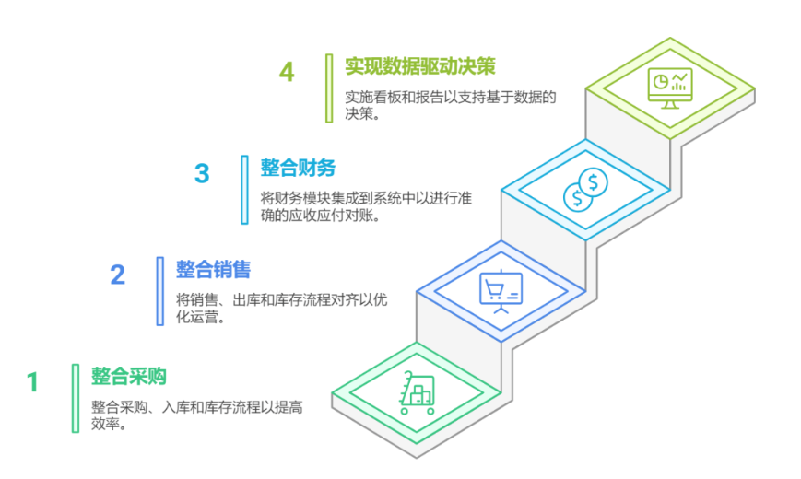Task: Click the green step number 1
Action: pyautogui.click(x=32, y=382)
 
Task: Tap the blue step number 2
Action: pyautogui.click(x=117, y=275)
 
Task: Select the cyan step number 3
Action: pyautogui.click(x=202, y=173)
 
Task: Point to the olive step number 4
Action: pyautogui.click(x=287, y=72)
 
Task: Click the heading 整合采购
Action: pyautogui.click(x=129, y=377)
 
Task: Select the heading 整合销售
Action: pyautogui.click(x=214, y=270)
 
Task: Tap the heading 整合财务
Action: pyautogui.click(x=298, y=168)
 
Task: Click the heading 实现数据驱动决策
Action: pyautogui.click(x=420, y=66)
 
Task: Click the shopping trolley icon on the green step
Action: pyautogui.click(x=418, y=392)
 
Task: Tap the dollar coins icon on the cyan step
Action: pyautogui.click(x=585, y=190)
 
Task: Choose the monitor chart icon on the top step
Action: pyautogui.click(x=670, y=88)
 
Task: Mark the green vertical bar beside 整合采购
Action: pyautogui.click(x=76, y=398)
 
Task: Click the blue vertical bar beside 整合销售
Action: pyautogui.click(x=160, y=291)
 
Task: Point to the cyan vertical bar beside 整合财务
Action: pyautogui.click(x=244, y=190)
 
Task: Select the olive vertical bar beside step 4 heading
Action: pyautogui.click(x=329, y=88)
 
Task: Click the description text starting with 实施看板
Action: pyautogui.click(x=450, y=105)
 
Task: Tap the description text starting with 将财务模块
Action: pyautogui.click(x=366, y=206)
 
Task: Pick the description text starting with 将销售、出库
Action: pyautogui.click(x=281, y=308)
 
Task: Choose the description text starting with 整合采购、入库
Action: pyautogui.click(x=197, y=415)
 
